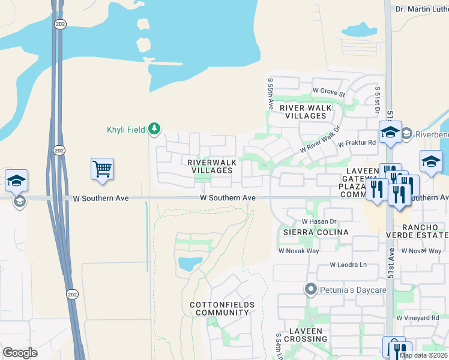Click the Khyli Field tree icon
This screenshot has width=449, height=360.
(155, 128)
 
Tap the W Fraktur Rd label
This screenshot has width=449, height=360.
(357, 143)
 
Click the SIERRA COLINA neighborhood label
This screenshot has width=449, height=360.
(303, 232)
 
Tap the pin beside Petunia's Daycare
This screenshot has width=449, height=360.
(310, 290)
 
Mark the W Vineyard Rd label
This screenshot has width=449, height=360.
(418, 317)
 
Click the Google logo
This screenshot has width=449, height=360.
(20, 352)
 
